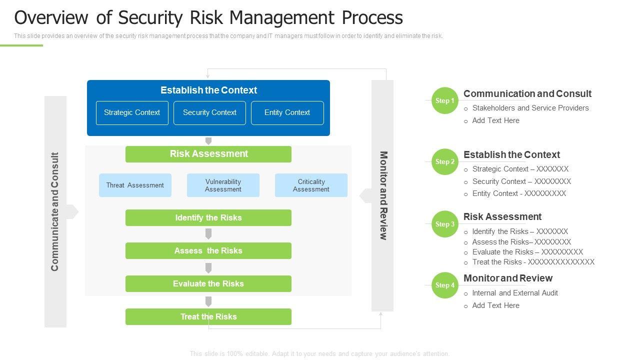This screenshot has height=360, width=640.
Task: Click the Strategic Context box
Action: pyautogui.click(x=132, y=113)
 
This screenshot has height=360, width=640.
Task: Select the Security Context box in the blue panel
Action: pyautogui.click(x=209, y=113)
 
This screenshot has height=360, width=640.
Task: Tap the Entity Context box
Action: pyautogui.click(x=287, y=113)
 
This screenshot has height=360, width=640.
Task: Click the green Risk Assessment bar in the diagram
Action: pyautogui.click(x=208, y=154)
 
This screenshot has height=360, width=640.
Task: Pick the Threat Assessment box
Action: pyautogui.click(x=135, y=185)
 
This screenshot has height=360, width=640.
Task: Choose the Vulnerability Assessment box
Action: pyautogui.click(x=223, y=185)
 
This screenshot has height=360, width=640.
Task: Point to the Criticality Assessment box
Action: pyautogui.click(x=311, y=185)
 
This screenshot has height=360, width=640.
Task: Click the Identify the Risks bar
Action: pyautogui.click(x=208, y=218)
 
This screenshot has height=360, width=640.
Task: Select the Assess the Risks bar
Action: pyautogui.click(x=208, y=251)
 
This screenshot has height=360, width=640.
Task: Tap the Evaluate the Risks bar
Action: pyautogui.click(x=208, y=284)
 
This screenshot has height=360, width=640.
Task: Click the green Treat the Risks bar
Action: pyautogui.click(x=208, y=317)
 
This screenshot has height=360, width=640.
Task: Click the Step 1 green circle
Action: pyautogui.click(x=444, y=100)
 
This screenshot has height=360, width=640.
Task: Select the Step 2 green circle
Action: pyautogui.click(x=444, y=162)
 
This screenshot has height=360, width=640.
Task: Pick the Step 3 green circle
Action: pyautogui.click(x=444, y=224)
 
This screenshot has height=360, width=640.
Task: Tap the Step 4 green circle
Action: pyautogui.click(x=444, y=285)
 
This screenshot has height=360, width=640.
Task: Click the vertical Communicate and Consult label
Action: pyautogui.click(x=55, y=211)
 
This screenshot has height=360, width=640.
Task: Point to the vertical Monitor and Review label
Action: pyautogui.click(x=383, y=195)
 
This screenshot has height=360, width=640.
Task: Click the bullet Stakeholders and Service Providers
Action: pyautogui.click(x=530, y=108)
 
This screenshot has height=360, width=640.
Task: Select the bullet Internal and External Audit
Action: pyautogui.click(x=515, y=293)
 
